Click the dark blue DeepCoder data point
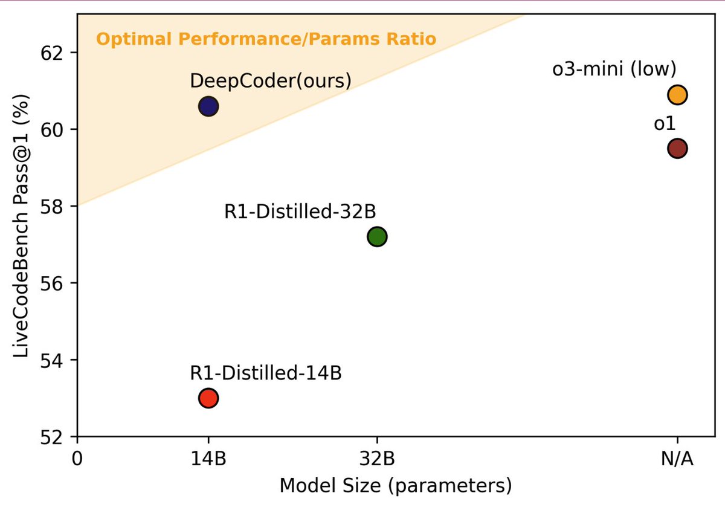[208, 106]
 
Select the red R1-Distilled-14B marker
[208, 398]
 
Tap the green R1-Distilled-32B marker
[376, 236]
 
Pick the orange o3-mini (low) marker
[677, 95]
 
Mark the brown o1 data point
[677, 148]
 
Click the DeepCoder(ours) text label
[270, 80]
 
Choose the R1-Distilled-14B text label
[266, 373]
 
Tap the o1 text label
[664, 124]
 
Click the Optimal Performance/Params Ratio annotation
[266, 40]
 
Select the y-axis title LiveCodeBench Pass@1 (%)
[22, 224]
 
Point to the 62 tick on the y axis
[56, 53]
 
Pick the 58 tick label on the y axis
[56, 206]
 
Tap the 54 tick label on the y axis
[56, 360]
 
